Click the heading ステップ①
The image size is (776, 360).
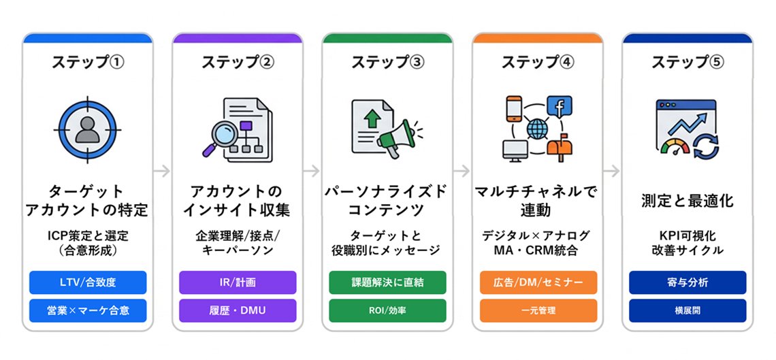[88, 62]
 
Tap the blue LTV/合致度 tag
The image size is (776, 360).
[88, 282]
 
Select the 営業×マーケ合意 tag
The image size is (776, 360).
[88, 310]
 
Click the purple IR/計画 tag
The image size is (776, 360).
[238, 282]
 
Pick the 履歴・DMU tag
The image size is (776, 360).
[238, 310]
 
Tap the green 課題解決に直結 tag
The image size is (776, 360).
[387, 282]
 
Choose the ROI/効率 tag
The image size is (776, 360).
[387, 310]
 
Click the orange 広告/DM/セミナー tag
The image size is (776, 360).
[538, 282]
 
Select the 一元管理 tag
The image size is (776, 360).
[538, 310]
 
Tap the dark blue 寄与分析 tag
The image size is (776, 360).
[688, 282]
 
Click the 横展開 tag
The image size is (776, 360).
[688, 310]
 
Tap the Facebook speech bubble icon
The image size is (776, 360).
[560, 107]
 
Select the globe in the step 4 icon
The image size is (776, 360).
[537, 127]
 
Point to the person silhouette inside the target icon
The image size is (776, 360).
[88, 128]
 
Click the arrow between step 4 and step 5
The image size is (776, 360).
[611, 170]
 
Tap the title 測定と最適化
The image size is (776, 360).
[688, 201]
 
